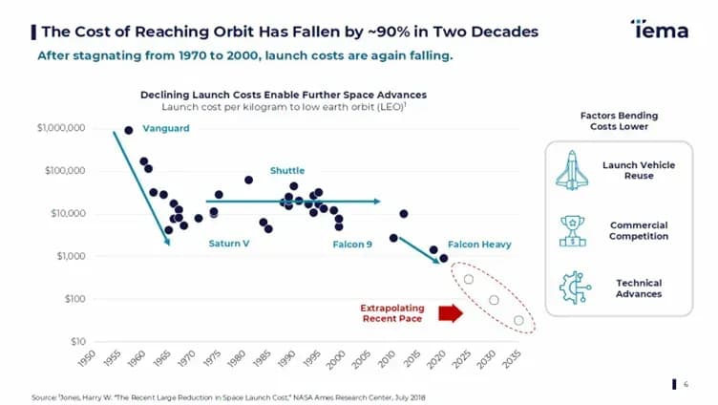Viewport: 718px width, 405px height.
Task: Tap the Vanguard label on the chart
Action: point(166,128)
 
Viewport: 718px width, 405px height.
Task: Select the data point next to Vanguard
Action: point(129,131)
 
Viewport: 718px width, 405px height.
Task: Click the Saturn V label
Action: point(229,244)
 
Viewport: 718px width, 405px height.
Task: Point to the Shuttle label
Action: point(287,170)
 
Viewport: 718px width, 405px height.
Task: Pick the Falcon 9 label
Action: point(352,245)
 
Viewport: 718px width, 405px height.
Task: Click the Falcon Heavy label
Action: point(479,245)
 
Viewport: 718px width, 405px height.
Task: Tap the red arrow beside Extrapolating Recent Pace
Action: point(451,313)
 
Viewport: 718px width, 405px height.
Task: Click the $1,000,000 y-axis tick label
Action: point(61,128)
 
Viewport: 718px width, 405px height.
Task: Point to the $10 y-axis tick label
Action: point(78,341)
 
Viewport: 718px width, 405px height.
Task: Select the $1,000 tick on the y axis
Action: point(72,256)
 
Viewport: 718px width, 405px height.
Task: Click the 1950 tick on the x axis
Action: point(87,358)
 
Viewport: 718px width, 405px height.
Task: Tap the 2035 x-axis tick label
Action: point(512,359)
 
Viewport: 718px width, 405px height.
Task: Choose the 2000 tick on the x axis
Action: point(335,359)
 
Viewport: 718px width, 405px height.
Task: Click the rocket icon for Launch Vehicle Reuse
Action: point(572,170)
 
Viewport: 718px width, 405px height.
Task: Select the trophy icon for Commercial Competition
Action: point(572,231)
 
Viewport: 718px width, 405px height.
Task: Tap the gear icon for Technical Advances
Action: point(575,288)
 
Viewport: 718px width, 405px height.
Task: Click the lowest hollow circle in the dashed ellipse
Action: point(518,320)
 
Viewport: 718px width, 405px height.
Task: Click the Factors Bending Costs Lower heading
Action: point(619,121)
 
